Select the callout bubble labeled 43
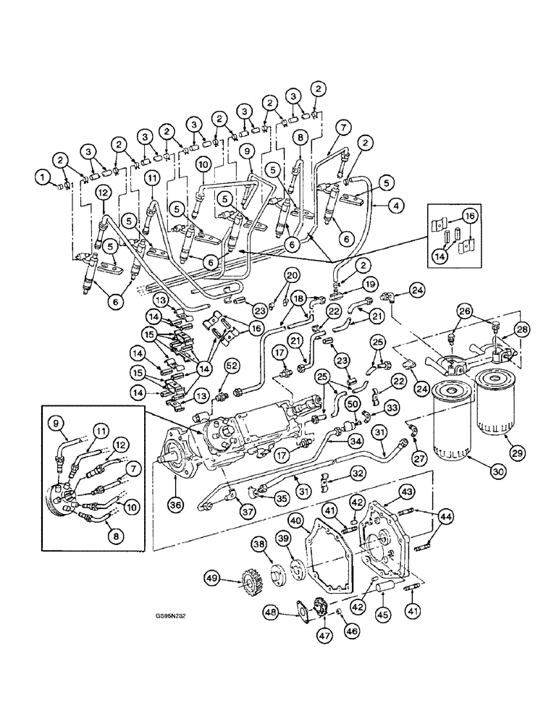(x=406, y=492)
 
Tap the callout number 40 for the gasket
(x=295, y=520)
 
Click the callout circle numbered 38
(x=259, y=544)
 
